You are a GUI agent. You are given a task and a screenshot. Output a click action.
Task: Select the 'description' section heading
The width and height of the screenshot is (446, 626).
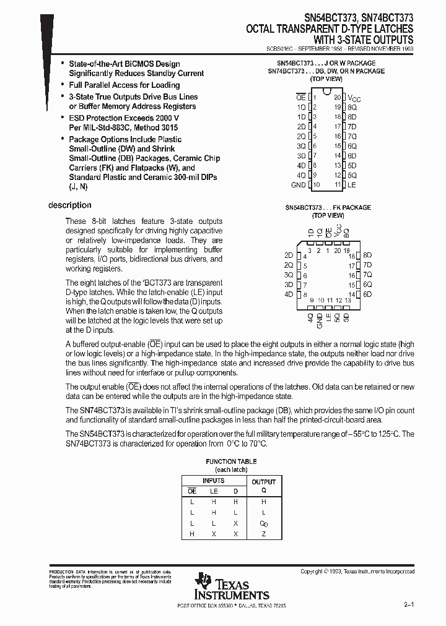pos(69,205)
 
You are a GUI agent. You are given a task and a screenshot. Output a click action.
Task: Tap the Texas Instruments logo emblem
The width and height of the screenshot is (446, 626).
pos(203,583)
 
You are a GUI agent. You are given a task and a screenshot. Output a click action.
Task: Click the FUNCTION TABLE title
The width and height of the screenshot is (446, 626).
pos(231,461)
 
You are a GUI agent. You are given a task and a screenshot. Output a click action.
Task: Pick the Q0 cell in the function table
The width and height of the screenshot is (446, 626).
pos(263,523)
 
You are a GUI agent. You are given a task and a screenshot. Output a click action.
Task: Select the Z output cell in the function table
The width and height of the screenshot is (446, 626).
pos(263,534)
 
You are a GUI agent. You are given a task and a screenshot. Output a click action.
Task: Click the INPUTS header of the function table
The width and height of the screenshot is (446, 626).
pos(214,481)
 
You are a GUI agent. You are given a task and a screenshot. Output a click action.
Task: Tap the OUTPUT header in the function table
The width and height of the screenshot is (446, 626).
pos(263,481)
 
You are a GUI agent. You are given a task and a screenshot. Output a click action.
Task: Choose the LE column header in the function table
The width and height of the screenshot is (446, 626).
pos(214,491)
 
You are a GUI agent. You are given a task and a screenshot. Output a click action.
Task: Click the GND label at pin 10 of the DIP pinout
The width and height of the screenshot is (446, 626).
pos(298,185)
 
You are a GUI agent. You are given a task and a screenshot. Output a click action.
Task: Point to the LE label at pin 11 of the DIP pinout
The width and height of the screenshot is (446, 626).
pos(352,185)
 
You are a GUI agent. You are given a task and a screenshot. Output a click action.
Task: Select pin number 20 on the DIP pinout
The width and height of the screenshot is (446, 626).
pos(337,97)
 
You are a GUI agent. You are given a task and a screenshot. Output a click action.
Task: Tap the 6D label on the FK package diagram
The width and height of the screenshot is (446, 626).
pos(367,294)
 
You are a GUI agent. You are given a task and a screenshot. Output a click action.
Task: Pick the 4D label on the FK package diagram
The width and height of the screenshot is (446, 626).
pos(288,294)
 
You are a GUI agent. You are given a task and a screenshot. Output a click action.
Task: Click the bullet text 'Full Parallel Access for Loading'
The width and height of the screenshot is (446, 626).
pos(124,85)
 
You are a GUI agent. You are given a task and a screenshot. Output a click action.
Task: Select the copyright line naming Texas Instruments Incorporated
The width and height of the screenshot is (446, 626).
pos(357,572)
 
